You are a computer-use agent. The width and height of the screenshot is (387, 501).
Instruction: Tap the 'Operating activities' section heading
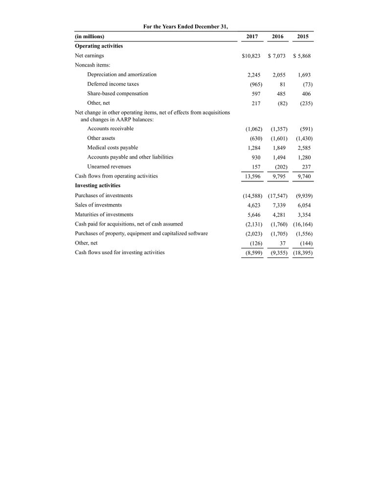point(99,46)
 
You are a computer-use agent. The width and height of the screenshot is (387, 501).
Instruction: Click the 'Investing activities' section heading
point(97,185)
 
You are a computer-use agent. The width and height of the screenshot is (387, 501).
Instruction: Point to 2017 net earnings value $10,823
point(251,56)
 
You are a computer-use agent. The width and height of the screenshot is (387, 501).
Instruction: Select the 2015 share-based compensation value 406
point(304,93)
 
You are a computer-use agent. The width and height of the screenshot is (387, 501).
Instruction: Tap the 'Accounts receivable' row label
point(110,129)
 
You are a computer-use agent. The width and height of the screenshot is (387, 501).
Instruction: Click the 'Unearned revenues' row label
point(109,166)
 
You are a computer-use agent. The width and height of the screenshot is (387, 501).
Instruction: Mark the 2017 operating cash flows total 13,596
point(252,176)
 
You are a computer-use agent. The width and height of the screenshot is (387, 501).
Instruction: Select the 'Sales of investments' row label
point(98,205)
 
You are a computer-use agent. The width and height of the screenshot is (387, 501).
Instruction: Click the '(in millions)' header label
point(90,36)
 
